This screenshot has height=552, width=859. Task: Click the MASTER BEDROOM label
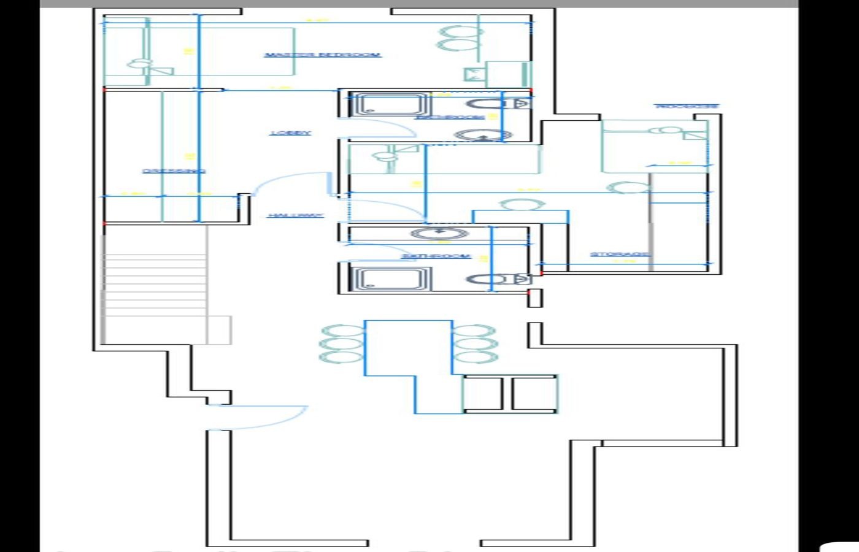[x=322, y=55]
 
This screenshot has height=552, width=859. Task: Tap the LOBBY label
[x=291, y=132]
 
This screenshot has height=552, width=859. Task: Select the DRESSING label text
[x=174, y=171]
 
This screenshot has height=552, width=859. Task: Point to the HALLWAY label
[x=296, y=215]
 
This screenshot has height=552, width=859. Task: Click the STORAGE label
[x=620, y=254]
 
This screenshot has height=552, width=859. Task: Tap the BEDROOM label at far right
[x=687, y=106]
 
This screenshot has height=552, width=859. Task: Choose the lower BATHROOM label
[x=436, y=256]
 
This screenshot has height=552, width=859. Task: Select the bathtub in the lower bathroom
[x=390, y=279]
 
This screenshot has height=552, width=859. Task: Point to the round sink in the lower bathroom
[x=439, y=233]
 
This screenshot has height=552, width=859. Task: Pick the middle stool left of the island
[x=341, y=343]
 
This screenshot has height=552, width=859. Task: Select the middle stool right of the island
[x=475, y=343]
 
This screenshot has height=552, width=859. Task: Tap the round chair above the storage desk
[x=522, y=204]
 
